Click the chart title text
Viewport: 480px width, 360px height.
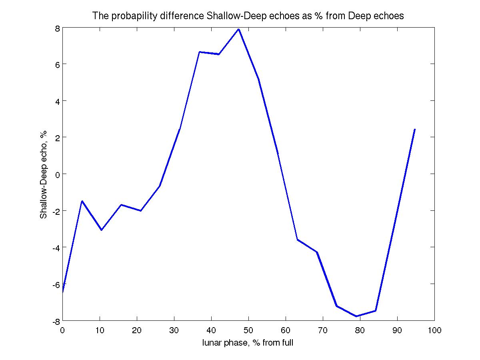point(248,16)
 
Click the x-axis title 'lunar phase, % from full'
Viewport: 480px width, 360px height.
point(248,342)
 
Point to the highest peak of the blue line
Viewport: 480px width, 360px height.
point(239,29)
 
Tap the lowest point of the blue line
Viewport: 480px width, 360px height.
point(356,316)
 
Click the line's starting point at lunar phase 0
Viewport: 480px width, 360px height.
point(63,292)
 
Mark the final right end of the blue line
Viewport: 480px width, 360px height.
point(415,129)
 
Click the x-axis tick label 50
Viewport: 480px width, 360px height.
point(248,330)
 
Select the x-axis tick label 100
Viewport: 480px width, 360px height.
point(434,330)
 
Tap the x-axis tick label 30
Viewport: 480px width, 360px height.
point(174,330)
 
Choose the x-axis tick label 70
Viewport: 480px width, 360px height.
point(323,330)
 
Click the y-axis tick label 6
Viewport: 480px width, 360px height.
point(58,64)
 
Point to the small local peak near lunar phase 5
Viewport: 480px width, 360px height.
point(82,201)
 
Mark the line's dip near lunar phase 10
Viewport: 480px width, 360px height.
point(102,230)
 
